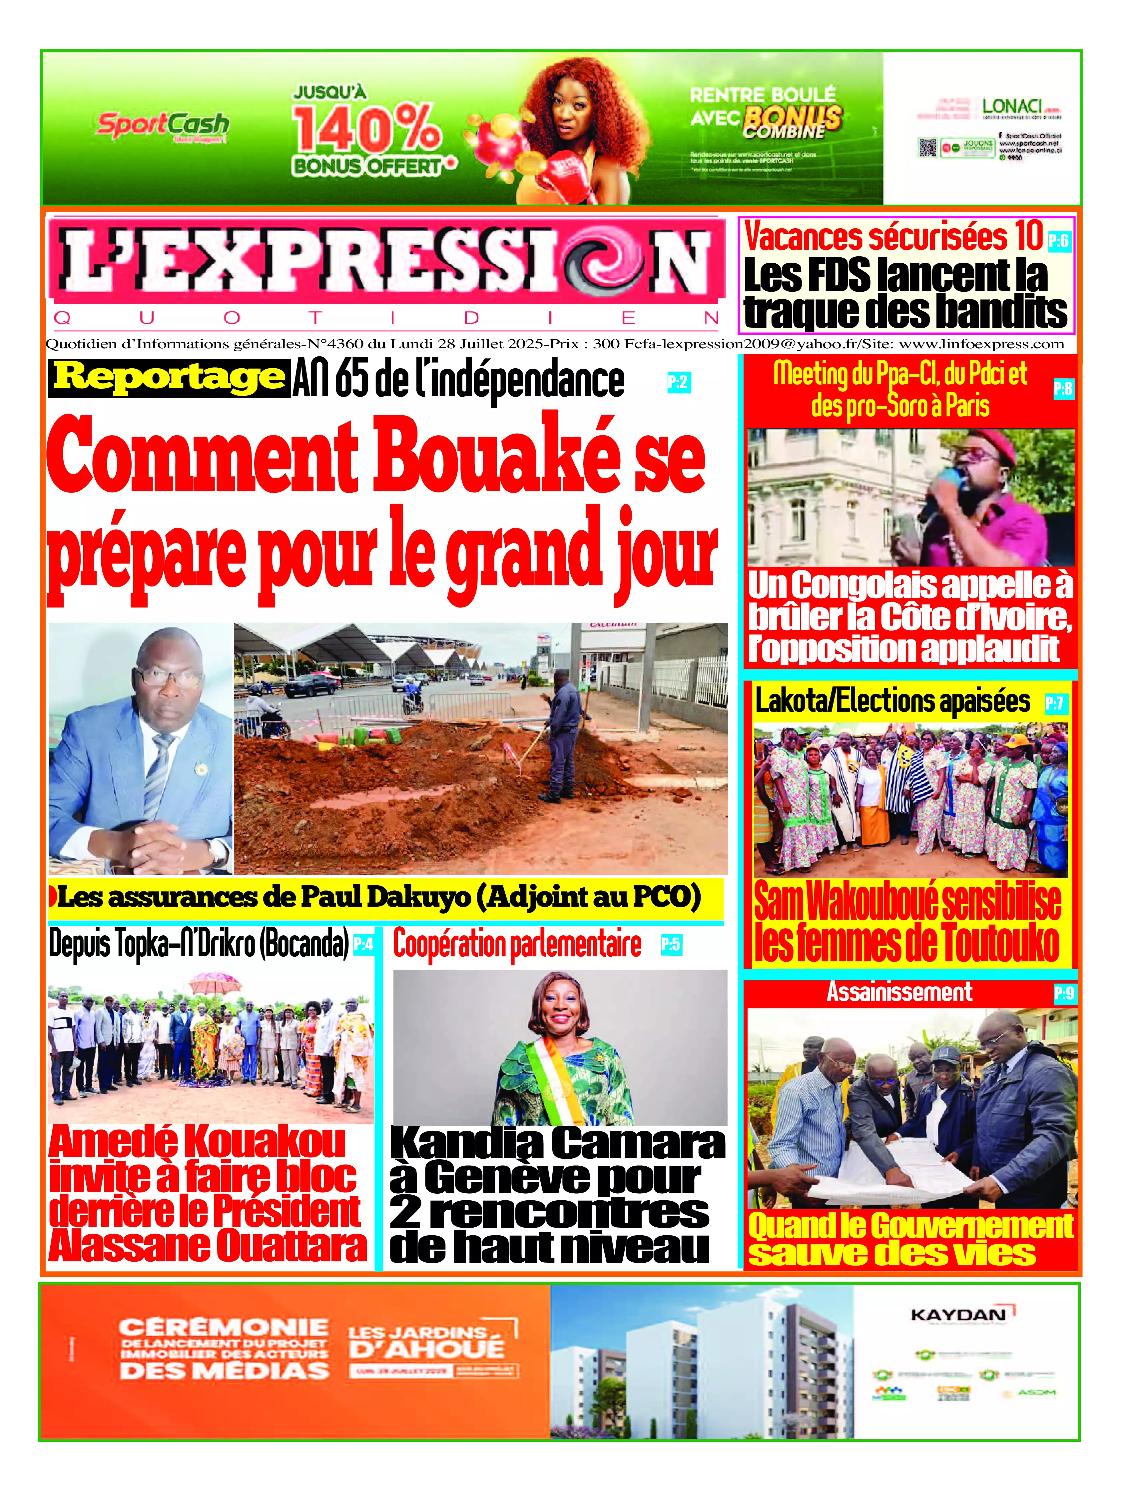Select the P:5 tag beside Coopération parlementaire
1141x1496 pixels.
(x=671, y=944)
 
